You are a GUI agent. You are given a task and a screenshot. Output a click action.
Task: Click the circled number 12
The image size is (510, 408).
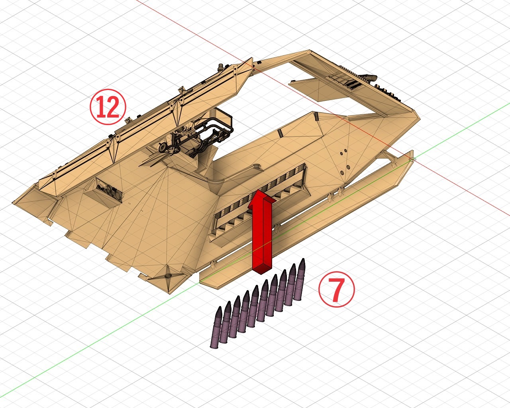click(x=108, y=107)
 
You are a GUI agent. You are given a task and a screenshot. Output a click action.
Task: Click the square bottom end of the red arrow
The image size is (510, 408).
click(x=262, y=270)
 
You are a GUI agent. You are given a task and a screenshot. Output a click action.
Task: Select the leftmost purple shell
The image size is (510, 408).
click(x=216, y=328)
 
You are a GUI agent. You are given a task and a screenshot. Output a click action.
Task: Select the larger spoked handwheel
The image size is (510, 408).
click(x=175, y=149)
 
